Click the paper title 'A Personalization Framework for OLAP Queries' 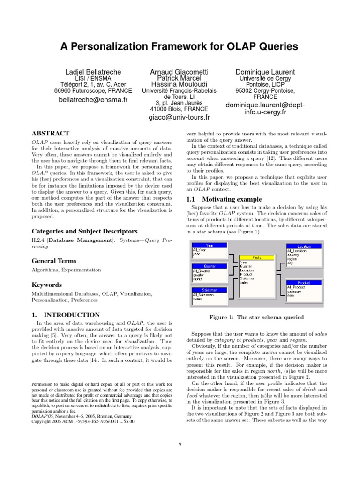coord(180,46)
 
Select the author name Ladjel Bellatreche coord(93,72)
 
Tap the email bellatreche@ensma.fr coord(93,100)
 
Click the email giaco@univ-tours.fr coord(180,117)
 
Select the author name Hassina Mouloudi coord(180,83)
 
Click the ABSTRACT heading coord(50,134)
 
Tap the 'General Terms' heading coord(54,261)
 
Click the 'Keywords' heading coord(46,285)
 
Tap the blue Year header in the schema coord(209,245)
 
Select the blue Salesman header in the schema coord(209,290)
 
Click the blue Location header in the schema coord(304,246)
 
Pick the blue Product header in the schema coord(304,283)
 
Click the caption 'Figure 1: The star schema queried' coord(256,317)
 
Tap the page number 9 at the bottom coord(180,444)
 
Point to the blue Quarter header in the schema coord(209,266)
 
